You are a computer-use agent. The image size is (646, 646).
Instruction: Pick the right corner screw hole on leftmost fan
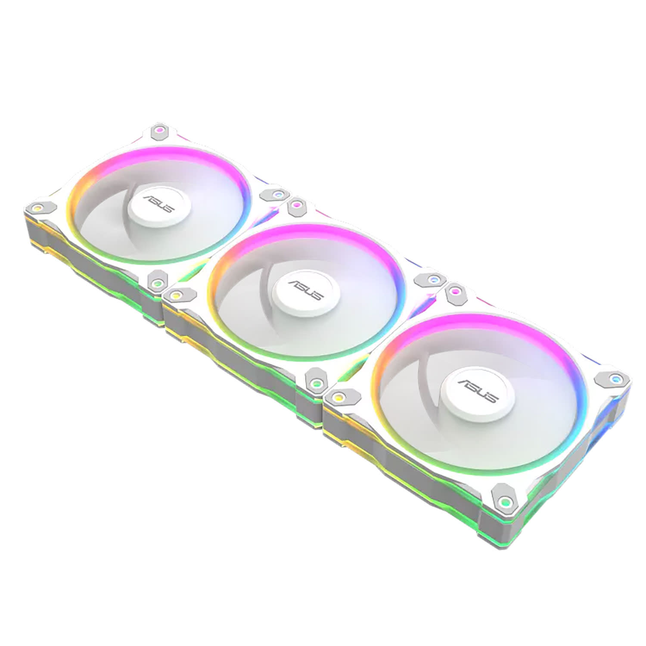tap(278, 196)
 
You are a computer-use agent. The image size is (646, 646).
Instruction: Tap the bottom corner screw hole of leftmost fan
tap(158, 283)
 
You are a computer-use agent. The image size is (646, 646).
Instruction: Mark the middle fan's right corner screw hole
tap(433, 280)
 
